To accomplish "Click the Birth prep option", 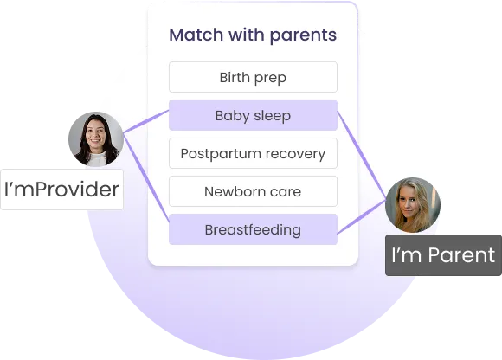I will pos(253,77).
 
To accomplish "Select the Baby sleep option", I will pos(253,115).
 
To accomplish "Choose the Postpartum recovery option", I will pos(253,154).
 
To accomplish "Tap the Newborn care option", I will pos(253,191).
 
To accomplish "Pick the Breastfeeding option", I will pos(253,229).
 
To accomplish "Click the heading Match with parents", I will pos(253,35).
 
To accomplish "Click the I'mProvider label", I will pos(61,189).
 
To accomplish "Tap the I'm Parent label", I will pos(443,254).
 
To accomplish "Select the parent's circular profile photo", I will pos(413,205).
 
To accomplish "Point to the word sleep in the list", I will pos(272,115).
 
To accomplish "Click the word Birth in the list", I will pos(234,77).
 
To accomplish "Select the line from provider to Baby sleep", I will pos(145,122).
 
